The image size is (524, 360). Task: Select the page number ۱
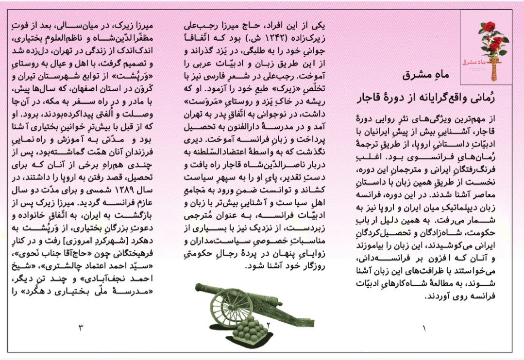(x=424, y=328)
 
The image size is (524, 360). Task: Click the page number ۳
(x=81, y=327)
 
